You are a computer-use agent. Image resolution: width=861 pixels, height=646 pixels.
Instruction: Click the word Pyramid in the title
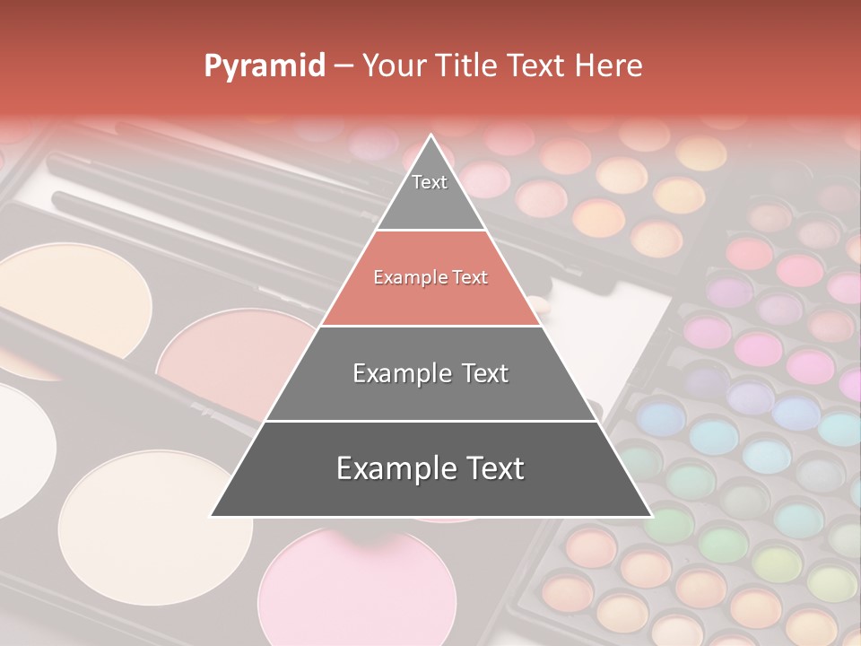pyautogui.click(x=264, y=66)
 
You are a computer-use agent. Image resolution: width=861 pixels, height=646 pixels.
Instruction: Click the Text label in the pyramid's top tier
pyautogui.click(x=430, y=182)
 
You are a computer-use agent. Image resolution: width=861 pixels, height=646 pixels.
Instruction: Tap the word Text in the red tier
pyautogui.click(x=467, y=278)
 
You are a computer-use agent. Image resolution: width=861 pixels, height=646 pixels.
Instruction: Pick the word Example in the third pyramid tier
pyautogui.click(x=398, y=373)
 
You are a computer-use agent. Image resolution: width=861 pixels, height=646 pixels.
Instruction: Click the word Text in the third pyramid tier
pyautogui.click(x=481, y=373)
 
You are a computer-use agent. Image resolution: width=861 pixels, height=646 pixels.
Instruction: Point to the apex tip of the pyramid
pyautogui.click(x=431, y=135)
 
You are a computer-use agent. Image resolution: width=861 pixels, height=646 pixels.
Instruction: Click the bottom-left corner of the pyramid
pyautogui.click(x=211, y=516)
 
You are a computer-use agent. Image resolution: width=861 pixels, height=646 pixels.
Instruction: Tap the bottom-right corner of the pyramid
pyautogui.click(x=651, y=516)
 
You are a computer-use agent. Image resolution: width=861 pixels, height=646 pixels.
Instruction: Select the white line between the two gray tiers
pyautogui.click(x=431, y=421)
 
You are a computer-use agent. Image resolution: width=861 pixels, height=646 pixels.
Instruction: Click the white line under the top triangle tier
pyautogui.click(x=431, y=231)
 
